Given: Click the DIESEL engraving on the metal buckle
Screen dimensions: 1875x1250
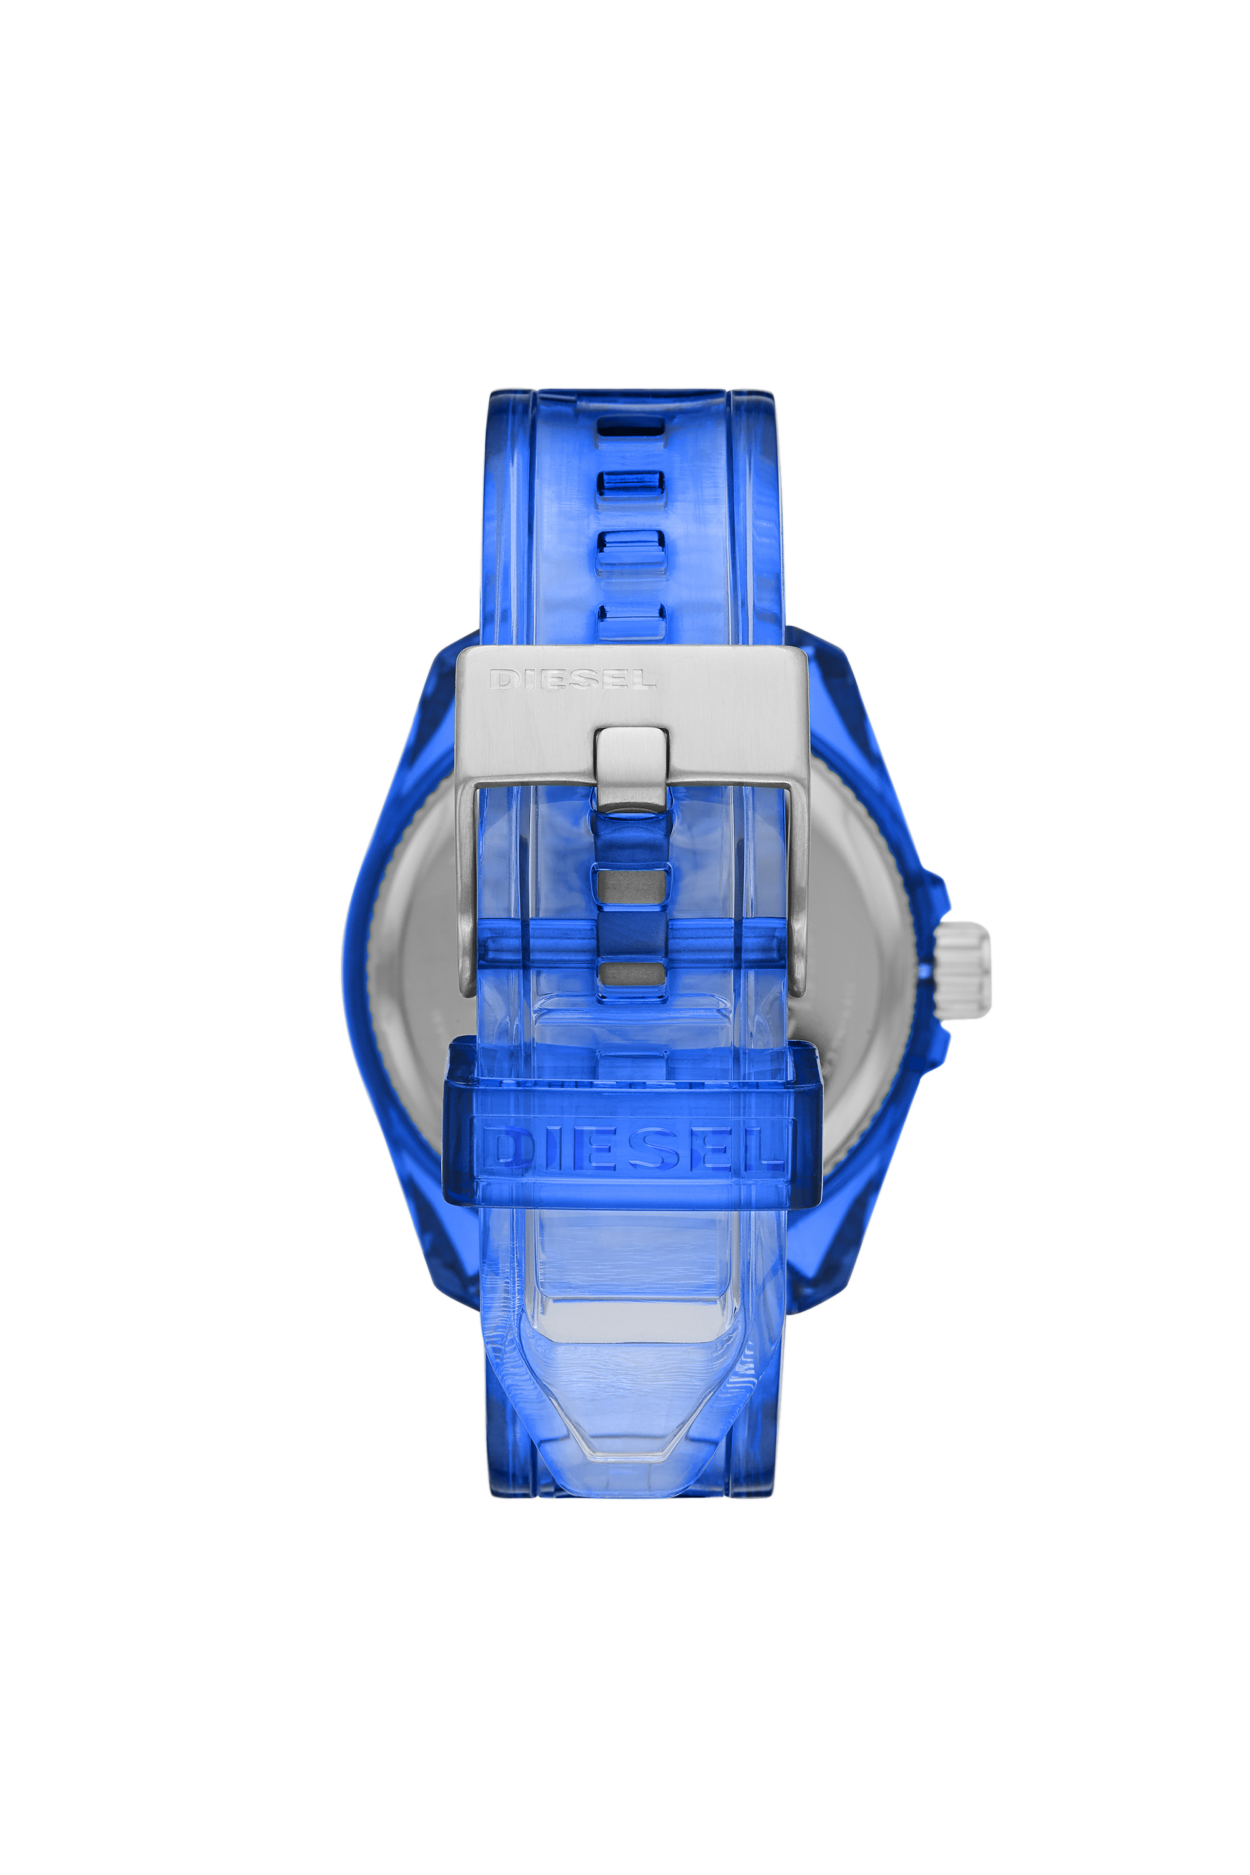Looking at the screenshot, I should pyautogui.click(x=572, y=679).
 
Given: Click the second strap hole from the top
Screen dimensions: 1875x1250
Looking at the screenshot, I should pyautogui.click(x=631, y=483).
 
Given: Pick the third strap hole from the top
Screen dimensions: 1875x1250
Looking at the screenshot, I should pyautogui.click(x=631, y=549).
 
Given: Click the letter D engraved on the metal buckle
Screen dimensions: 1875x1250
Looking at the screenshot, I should pyautogui.click(x=502, y=679).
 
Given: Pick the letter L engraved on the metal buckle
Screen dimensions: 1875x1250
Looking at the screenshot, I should pyautogui.click(x=642, y=679).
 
